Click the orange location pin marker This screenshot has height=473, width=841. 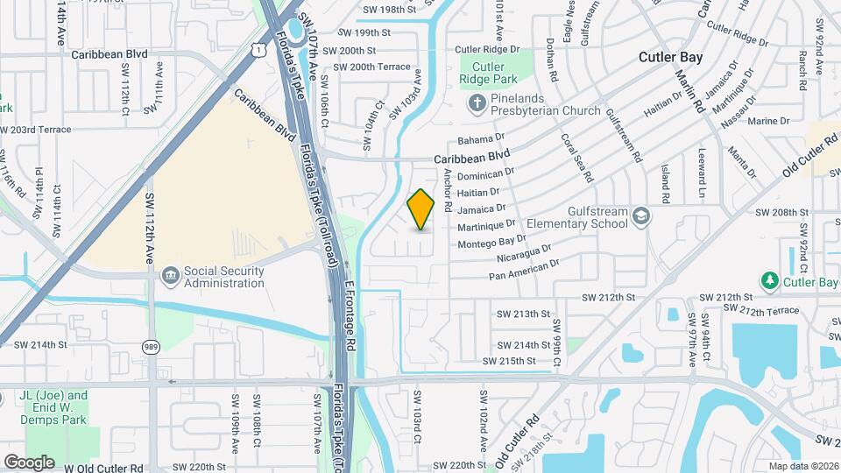420,209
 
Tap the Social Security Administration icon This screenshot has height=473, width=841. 170,277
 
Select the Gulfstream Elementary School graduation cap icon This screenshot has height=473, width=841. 642,216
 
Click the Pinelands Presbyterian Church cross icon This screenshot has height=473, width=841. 477,105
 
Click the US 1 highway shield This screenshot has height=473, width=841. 258,50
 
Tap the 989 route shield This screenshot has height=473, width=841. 152,348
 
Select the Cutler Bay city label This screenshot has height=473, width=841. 670,57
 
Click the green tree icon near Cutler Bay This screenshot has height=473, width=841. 770,280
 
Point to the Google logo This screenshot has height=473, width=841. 29,462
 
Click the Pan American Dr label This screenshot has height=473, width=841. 523,269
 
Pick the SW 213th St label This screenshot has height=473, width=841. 523,314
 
